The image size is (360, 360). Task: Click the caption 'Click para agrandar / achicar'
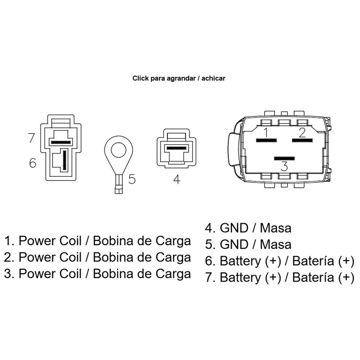pyautogui.click(x=179, y=78)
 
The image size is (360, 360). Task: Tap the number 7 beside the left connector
pyautogui.click(x=31, y=138)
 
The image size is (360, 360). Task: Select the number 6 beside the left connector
pyautogui.click(x=32, y=163)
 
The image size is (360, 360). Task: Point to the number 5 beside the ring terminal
pyautogui.click(x=131, y=179)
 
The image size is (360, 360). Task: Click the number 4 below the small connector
pyautogui.click(x=176, y=180)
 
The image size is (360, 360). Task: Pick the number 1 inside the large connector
pyautogui.click(x=266, y=132)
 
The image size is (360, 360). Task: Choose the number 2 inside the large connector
pyautogui.click(x=302, y=132)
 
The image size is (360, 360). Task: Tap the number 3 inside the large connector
pyautogui.click(x=284, y=166)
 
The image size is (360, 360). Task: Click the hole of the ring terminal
pyautogui.click(x=117, y=149)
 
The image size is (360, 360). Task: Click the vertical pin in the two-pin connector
pyautogui.click(x=64, y=160)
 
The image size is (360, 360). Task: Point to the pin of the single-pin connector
pyautogui.click(x=176, y=148)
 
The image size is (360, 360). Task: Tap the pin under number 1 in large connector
pyautogui.click(x=265, y=140)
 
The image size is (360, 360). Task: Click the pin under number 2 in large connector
pyautogui.click(x=302, y=140)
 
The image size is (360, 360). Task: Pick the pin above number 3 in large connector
pyautogui.click(x=284, y=158)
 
